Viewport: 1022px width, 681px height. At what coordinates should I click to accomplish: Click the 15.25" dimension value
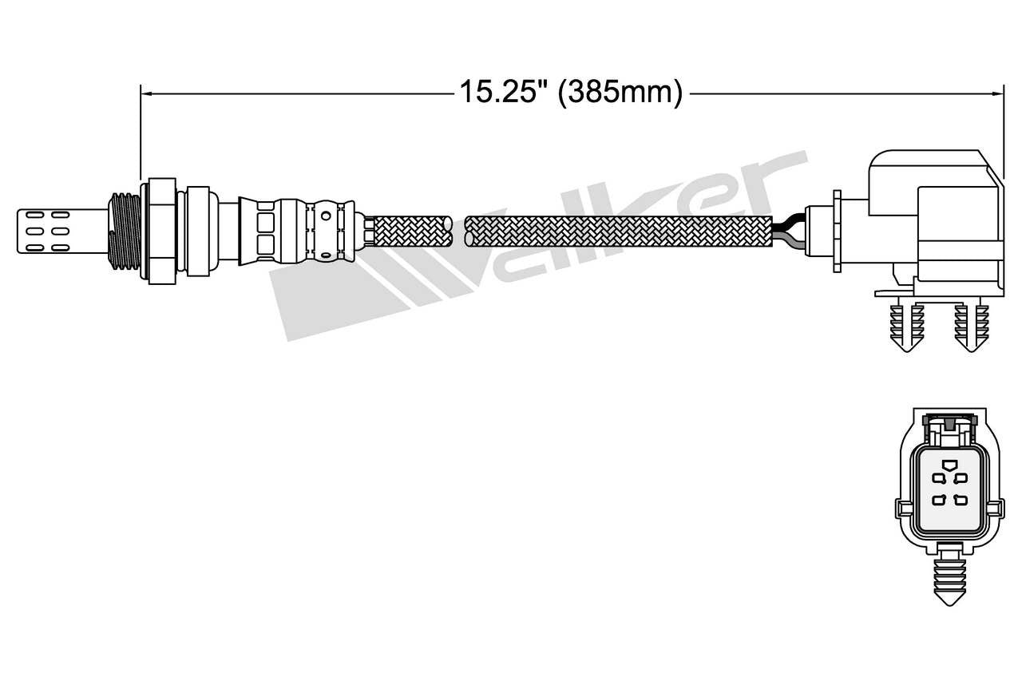tap(501, 93)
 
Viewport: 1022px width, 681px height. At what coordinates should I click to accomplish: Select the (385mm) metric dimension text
tap(620, 93)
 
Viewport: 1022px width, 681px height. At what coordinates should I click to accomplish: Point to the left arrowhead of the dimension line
tap(145, 93)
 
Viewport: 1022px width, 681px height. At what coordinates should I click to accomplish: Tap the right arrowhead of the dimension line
tap(998, 93)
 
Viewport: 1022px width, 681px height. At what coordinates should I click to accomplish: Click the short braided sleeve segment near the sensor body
tap(410, 230)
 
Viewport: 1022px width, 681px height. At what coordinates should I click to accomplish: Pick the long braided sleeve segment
tap(619, 230)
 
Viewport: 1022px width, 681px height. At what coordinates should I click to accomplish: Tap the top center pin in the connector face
tap(948, 465)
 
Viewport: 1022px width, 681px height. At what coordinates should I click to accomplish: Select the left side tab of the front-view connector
tap(903, 509)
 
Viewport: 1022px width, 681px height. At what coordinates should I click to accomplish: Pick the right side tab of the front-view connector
tap(994, 509)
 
